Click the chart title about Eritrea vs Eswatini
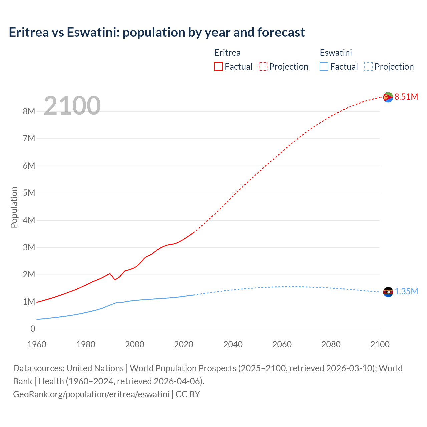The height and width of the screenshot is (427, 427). (x=157, y=32)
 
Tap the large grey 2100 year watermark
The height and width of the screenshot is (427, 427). (x=72, y=106)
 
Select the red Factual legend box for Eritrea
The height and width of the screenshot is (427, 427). (x=218, y=66)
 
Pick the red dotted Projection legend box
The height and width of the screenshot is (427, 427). (x=263, y=66)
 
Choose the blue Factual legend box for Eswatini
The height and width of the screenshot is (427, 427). (x=324, y=66)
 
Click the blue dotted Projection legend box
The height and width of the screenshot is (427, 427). (x=369, y=66)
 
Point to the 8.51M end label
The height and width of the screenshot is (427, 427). (x=406, y=97)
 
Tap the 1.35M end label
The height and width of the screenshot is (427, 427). (x=406, y=291)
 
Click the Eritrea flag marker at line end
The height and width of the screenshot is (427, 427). (x=388, y=97)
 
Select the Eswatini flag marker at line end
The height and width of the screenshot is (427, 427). (x=388, y=292)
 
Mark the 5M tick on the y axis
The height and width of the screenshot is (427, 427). (x=29, y=193)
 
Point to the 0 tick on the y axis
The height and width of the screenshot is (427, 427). (x=33, y=329)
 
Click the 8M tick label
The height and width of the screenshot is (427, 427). (x=29, y=111)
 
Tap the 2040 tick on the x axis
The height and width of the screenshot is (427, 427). (x=233, y=344)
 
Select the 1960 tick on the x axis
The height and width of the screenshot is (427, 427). (x=37, y=344)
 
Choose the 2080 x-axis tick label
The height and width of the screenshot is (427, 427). (x=331, y=344)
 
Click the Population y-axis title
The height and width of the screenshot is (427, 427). (x=14, y=207)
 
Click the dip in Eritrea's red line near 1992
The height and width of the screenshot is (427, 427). (x=115, y=280)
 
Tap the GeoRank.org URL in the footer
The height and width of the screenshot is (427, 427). (x=91, y=394)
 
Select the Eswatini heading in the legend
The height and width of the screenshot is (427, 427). (x=336, y=53)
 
